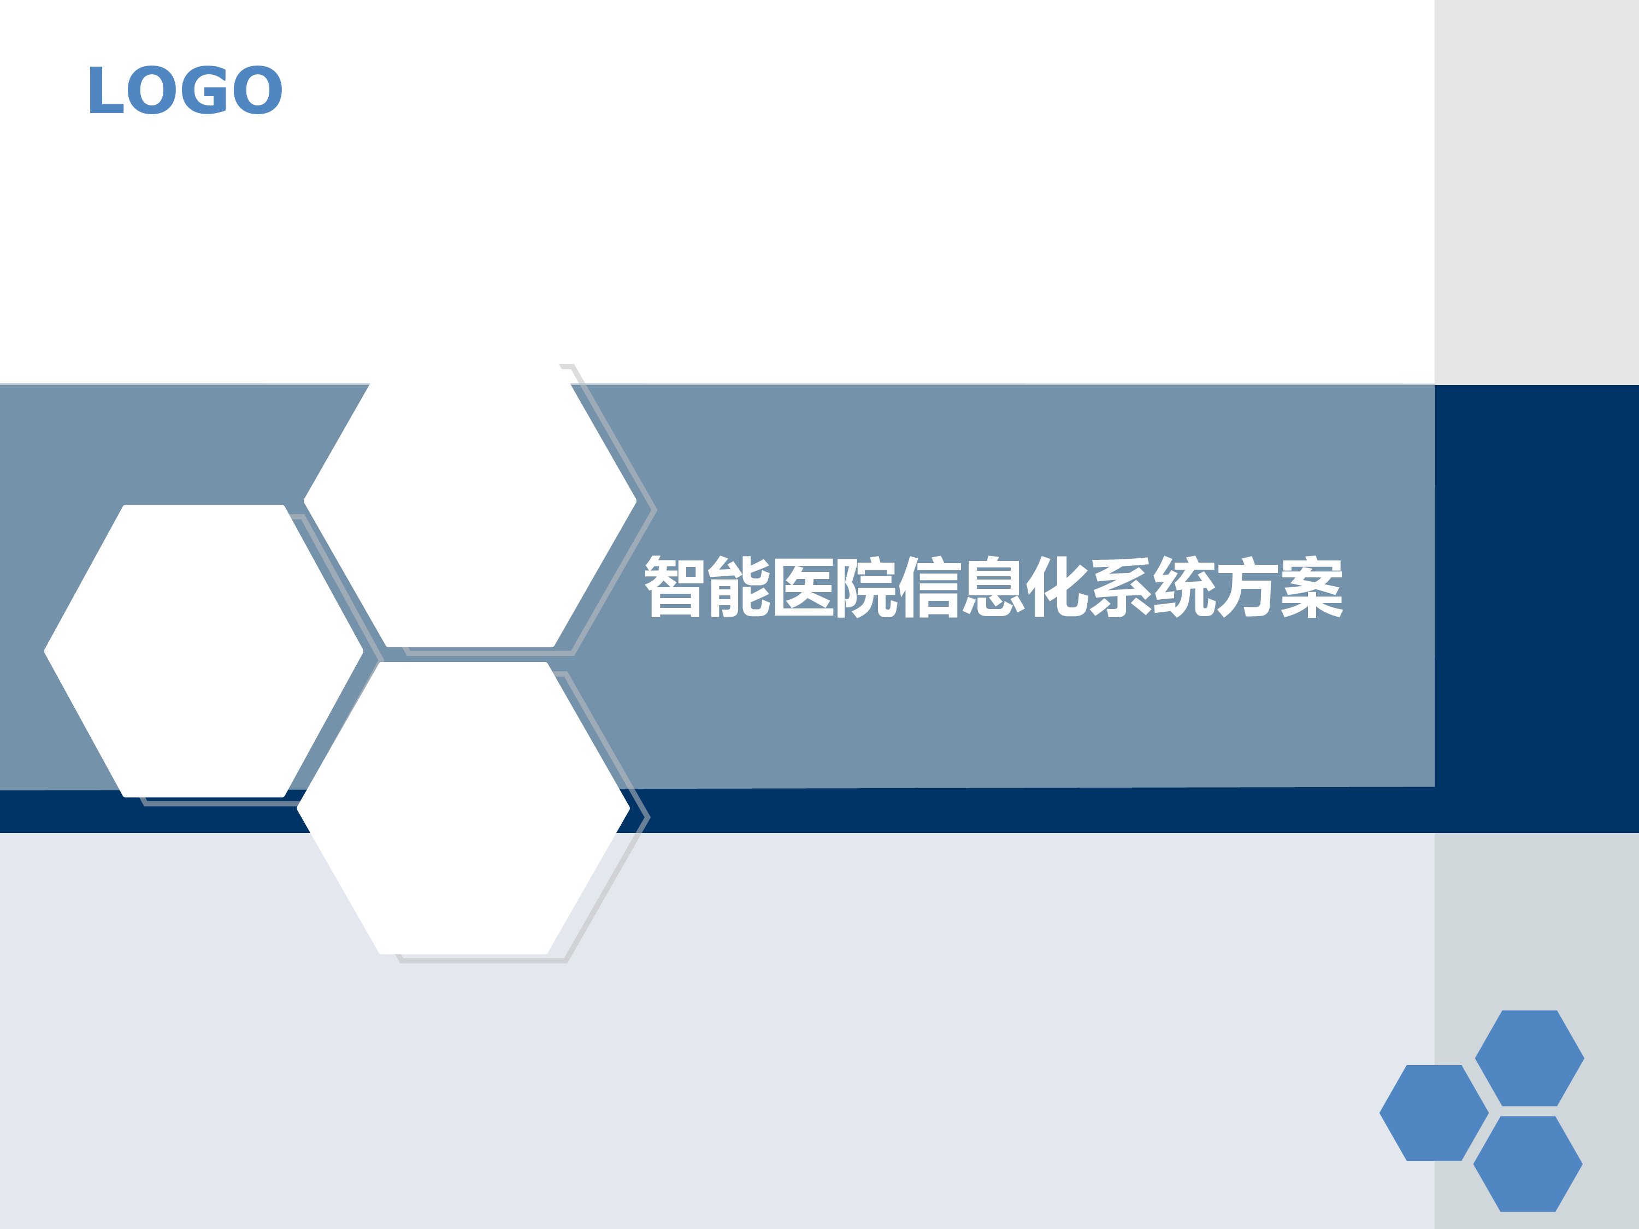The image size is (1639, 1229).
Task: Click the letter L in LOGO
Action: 106,90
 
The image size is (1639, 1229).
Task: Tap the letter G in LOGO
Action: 204,90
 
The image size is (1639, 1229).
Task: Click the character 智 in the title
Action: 674,587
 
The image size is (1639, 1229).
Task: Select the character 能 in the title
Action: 739,587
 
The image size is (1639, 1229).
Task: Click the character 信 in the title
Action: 930,587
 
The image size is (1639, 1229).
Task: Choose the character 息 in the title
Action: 994,587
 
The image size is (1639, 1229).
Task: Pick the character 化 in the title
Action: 1057,587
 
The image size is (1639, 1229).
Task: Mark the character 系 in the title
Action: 1122,587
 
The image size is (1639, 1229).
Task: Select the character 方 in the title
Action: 1248,587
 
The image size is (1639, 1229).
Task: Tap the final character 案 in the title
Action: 1312,587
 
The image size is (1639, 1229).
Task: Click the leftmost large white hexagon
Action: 204,651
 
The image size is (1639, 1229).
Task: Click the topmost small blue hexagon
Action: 1529,1058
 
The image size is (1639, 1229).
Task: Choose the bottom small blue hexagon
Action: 1528,1164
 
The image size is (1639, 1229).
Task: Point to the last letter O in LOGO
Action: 257,90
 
